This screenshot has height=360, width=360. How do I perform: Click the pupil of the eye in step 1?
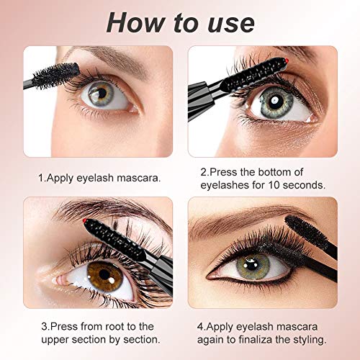point(102,93)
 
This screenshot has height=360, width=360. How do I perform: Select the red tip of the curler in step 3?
point(84,220)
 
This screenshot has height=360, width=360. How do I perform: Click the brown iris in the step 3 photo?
point(105,276)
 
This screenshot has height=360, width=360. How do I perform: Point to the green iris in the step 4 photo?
point(253,265)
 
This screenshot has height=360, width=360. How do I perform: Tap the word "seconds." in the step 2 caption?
point(304,185)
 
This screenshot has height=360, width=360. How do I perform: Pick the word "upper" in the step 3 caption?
point(55,341)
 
